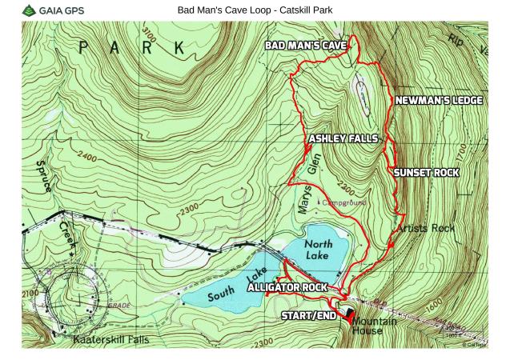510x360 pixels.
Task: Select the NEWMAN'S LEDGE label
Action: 438,101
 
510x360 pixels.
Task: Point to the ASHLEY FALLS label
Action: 343,138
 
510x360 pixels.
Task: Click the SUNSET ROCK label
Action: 424,172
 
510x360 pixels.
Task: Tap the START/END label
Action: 309,317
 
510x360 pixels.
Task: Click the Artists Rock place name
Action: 424,229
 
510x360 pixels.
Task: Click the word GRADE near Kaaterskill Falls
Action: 118,305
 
